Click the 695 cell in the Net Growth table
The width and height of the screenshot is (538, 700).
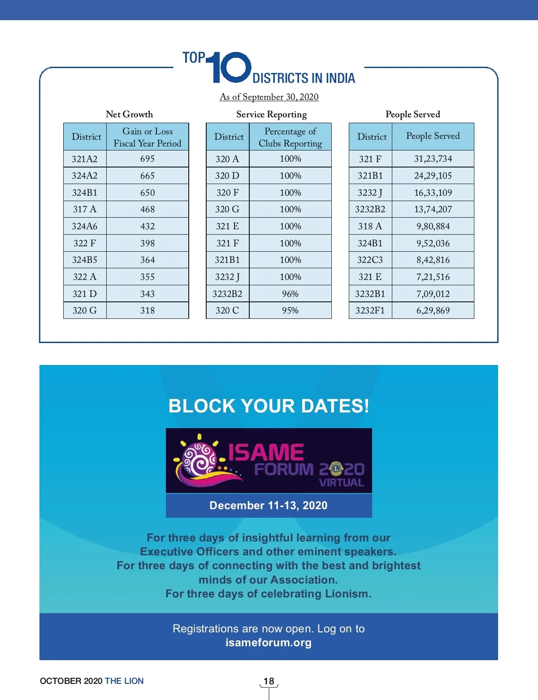[x=148, y=159]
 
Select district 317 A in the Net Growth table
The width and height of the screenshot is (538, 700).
[x=85, y=209]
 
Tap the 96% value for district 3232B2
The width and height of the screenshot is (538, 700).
[x=290, y=294]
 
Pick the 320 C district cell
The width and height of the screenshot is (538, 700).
[x=227, y=310]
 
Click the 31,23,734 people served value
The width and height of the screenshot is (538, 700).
[x=433, y=159]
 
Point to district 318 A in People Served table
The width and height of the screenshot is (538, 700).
[x=370, y=226]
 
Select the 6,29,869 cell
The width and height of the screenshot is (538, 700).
[x=433, y=310]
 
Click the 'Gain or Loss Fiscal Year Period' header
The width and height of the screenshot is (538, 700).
[x=148, y=137]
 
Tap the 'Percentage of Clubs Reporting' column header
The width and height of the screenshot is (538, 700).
[x=290, y=137]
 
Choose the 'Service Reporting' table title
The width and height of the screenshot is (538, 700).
[x=271, y=115]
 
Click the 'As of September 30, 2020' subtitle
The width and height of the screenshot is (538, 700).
[x=269, y=97]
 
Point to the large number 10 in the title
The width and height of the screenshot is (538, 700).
[x=230, y=68]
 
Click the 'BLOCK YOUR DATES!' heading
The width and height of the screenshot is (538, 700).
[x=269, y=406]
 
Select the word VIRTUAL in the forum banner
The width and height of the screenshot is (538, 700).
[x=342, y=483]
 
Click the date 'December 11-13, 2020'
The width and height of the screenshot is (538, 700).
[x=269, y=506]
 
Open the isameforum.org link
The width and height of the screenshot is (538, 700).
[x=269, y=643]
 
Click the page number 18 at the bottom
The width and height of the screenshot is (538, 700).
[x=269, y=681]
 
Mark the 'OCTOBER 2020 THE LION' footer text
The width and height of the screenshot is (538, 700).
[x=91, y=681]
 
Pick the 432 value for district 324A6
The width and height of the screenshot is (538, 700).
[x=148, y=226]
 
